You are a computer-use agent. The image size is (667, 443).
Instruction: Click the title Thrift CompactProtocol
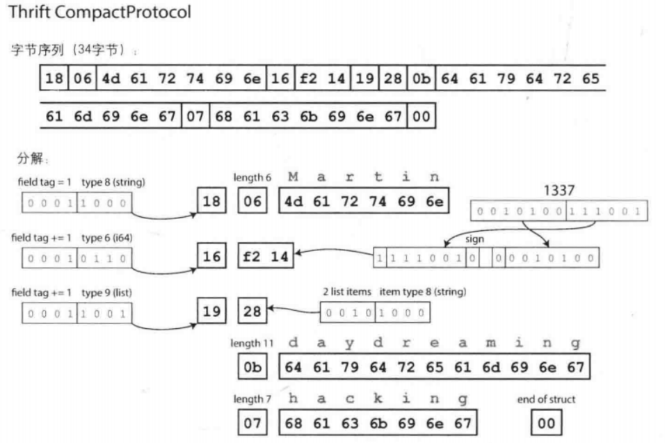point(100,12)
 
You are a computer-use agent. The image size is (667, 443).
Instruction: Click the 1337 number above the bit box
point(559,191)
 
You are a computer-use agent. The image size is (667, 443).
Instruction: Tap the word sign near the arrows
point(475,239)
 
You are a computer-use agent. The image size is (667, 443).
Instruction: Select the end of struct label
point(546,399)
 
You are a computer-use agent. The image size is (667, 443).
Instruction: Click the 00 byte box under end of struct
point(546,423)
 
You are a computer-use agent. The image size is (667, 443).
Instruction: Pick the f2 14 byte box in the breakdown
point(266,256)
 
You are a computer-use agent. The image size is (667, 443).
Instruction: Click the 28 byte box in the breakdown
point(252,311)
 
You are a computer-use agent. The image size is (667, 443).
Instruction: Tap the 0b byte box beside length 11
point(252,367)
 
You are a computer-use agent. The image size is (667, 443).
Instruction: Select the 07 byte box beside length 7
point(252,423)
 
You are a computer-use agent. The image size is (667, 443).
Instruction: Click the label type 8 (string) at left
point(113,182)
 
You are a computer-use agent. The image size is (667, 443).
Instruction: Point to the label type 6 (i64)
point(107,238)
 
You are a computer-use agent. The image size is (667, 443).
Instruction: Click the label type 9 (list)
point(107,293)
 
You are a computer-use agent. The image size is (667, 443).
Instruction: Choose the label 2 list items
point(346,291)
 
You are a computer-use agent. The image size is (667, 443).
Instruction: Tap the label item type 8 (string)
point(422,291)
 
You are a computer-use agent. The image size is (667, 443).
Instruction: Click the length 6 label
point(252,177)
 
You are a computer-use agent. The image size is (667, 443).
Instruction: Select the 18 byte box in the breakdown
point(211,200)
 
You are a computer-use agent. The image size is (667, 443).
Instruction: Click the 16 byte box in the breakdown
point(211,256)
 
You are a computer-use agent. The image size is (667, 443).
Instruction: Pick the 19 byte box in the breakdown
point(211,311)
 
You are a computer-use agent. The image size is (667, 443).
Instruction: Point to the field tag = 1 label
point(45,182)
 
